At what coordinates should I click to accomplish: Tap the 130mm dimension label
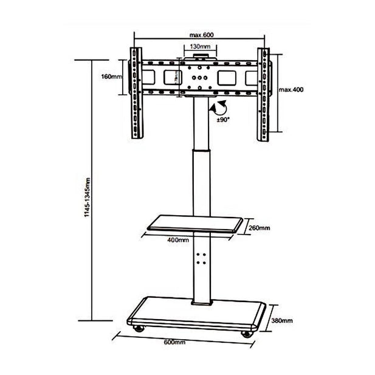click(x=199, y=47)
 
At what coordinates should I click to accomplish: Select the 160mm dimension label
click(x=112, y=77)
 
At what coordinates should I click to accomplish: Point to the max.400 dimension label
click(x=291, y=90)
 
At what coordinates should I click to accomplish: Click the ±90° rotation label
click(x=222, y=120)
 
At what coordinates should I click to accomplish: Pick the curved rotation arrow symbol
click(x=217, y=108)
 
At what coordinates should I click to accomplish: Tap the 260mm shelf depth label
click(x=260, y=228)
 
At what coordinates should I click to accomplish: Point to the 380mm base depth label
click(x=283, y=320)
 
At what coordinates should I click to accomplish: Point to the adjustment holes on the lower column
click(x=201, y=258)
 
